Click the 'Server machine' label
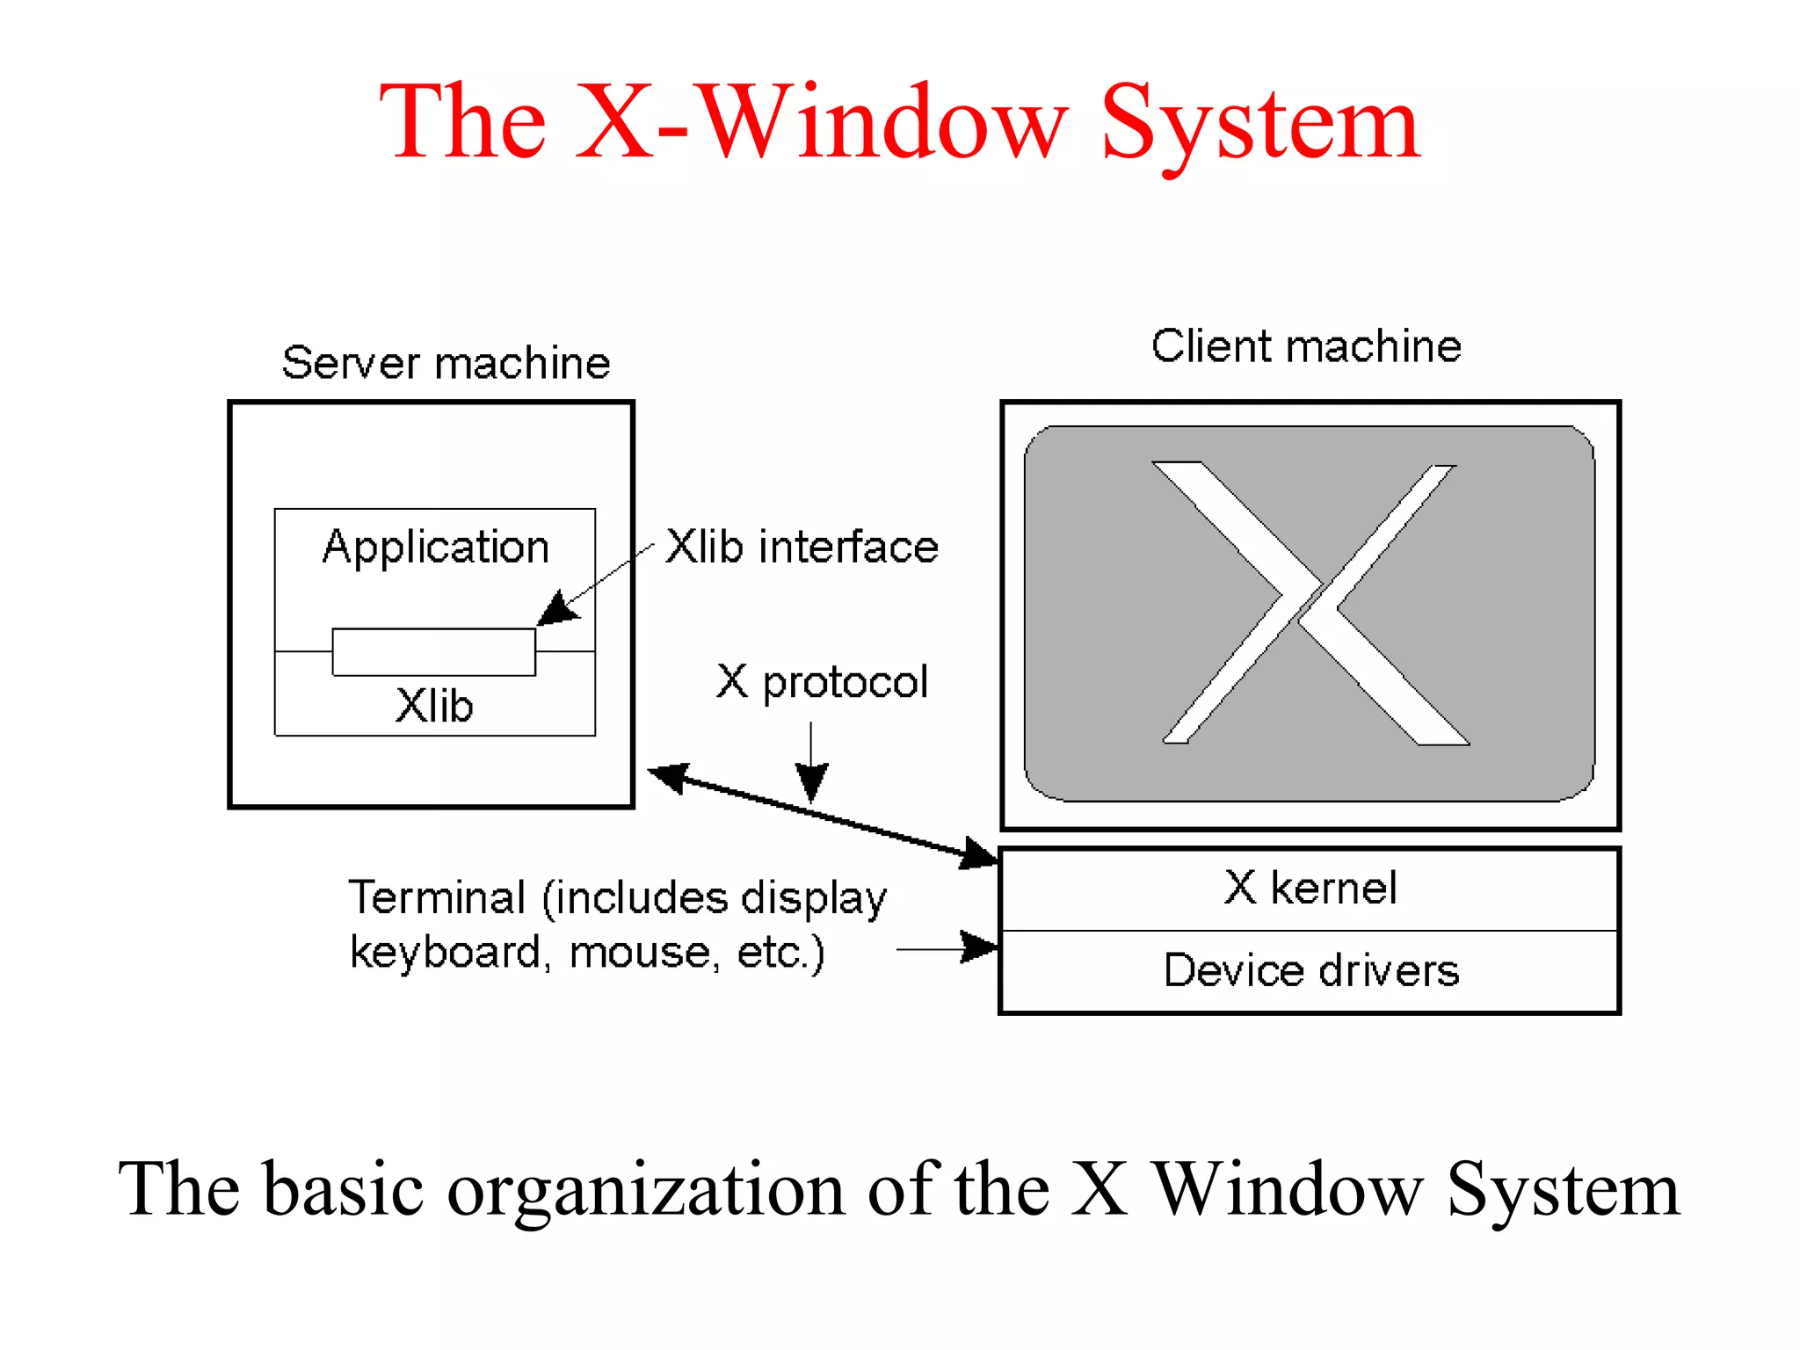click(x=446, y=363)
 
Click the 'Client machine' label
click(x=1306, y=346)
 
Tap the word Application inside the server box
click(x=436, y=547)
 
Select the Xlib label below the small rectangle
click(x=434, y=706)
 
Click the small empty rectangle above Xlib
click(x=433, y=652)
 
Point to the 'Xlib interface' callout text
click(x=802, y=547)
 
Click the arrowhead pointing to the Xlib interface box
click(x=557, y=609)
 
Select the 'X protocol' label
click(x=822, y=682)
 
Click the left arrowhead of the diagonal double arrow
click(x=668, y=776)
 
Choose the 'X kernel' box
click(x=1310, y=889)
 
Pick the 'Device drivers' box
click(x=1310, y=971)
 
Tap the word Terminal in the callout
click(x=437, y=898)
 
